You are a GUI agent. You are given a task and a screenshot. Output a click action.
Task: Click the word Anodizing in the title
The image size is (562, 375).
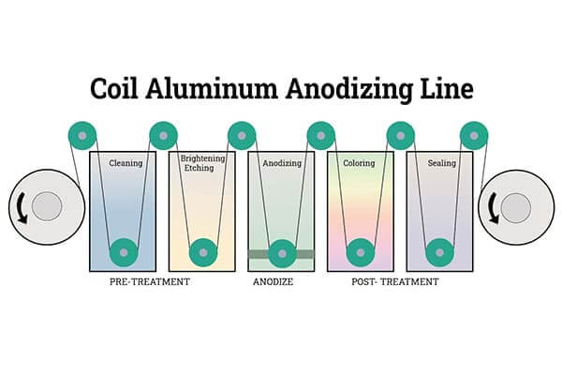point(349,89)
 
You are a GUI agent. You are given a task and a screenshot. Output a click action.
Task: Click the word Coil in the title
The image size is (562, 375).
point(113,88)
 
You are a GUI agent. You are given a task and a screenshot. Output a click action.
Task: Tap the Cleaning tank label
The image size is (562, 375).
point(126,163)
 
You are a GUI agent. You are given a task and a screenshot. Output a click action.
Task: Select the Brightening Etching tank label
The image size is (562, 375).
point(202,163)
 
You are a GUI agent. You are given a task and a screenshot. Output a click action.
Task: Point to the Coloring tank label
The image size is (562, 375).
point(359,163)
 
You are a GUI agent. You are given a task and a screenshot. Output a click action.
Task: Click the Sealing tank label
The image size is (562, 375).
point(441,163)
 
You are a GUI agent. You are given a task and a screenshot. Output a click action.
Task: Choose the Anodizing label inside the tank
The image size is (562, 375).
point(282,163)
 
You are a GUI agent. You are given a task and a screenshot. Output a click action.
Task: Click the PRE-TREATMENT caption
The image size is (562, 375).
point(150,281)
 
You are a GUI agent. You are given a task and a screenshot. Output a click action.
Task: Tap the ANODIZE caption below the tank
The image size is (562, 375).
point(274,281)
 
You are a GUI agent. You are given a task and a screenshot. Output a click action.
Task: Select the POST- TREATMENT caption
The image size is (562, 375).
point(395,281)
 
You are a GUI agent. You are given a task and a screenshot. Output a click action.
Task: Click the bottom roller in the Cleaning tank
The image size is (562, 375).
point(124,252)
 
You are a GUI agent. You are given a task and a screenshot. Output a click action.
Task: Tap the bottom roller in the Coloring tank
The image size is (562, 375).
point(361,252)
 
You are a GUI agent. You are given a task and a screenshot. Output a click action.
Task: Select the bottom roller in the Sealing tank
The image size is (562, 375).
point(440,252)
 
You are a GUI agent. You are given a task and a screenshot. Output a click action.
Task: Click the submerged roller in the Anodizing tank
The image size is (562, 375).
point(282,253)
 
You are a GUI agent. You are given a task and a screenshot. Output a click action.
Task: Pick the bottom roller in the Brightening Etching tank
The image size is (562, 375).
point(203,252)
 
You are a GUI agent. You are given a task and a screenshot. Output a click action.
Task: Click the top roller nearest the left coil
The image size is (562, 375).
point(82,136)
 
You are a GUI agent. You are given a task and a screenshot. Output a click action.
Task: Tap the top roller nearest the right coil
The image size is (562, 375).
point(474,136)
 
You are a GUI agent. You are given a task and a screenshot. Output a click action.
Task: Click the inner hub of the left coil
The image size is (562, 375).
point(47,206)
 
